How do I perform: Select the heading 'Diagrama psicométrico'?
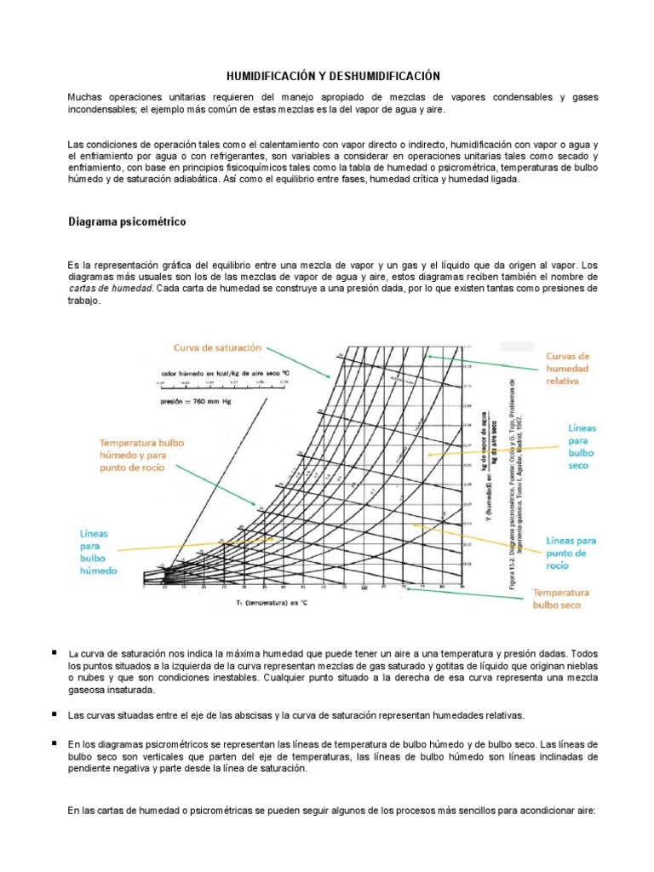127,222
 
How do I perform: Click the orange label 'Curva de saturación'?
217,347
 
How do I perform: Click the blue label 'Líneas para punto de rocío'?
571,553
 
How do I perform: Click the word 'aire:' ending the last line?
588,811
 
